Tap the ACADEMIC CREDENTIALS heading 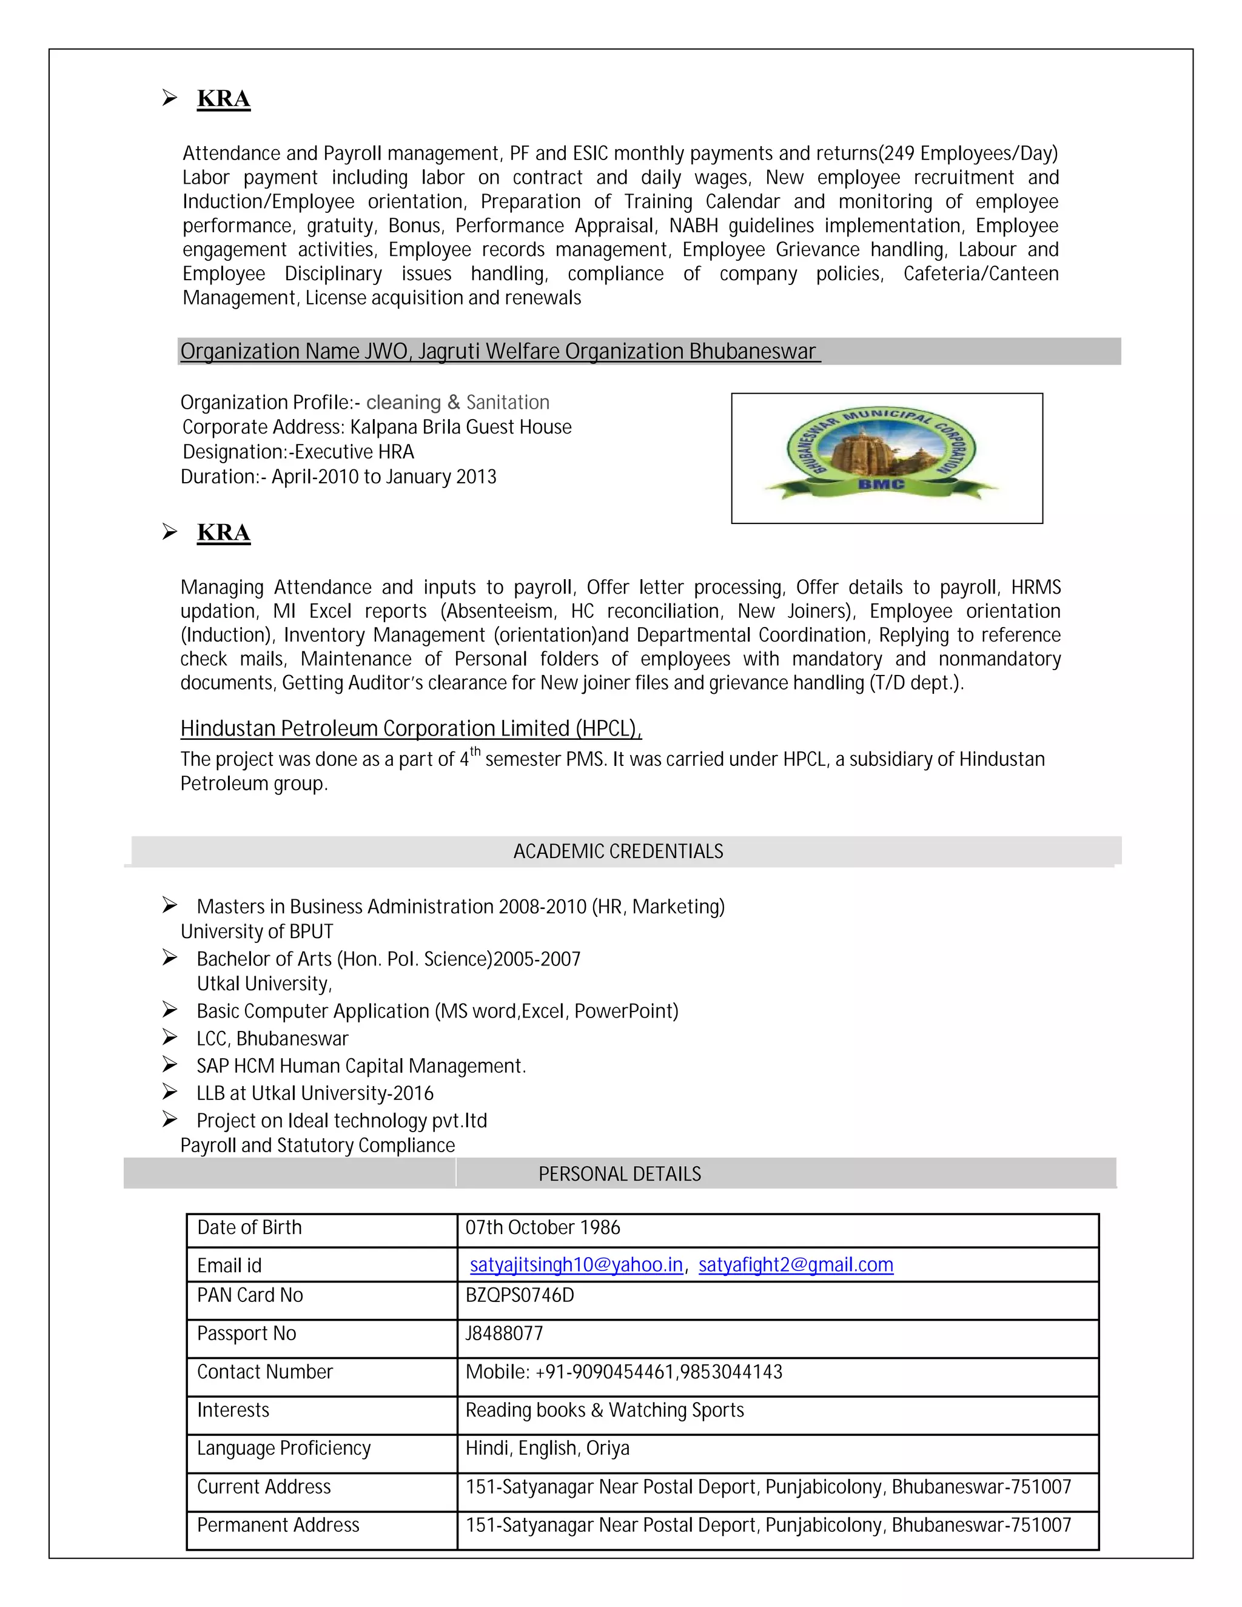click(618, 851)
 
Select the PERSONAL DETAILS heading click(620, 1173)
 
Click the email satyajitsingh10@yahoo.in click(576, 1265)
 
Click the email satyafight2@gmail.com click(796, 1265)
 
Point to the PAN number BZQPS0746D click(520, 1295)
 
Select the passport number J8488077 click(504, 1334)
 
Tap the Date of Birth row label click(249, 1227)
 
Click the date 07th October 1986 click(542, 1227)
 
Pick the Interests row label click(233, 1410)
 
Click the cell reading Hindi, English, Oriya click(548, 1448)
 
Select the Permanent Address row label click(278, 1525)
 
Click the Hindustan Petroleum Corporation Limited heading click(411, 728)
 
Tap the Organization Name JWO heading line click(498, 352)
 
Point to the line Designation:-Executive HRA click(298, 452)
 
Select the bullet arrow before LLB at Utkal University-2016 click(170, 1092)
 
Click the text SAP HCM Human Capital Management click(361, 1065)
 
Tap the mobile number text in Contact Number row click(623, 1372)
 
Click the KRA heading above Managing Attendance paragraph click(224, 532)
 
